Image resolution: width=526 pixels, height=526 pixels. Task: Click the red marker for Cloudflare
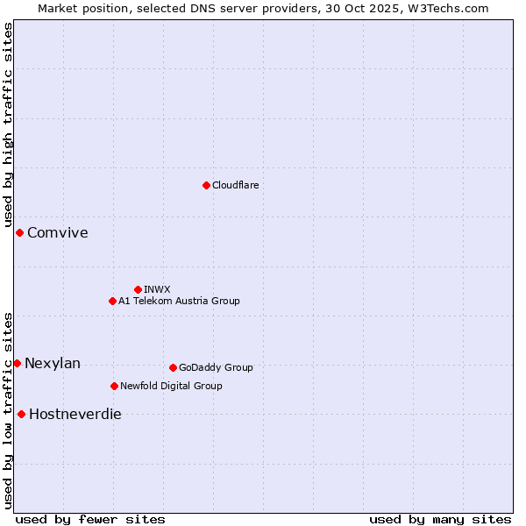(206, 185)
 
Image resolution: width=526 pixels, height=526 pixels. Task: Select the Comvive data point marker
(19, 232)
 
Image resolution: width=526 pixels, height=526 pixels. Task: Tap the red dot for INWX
(138, 289)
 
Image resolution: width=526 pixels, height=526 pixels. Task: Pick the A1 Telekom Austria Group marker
(112, 301)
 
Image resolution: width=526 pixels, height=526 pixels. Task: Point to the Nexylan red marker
(17, 363)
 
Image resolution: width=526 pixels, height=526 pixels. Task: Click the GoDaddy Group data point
(173, 367)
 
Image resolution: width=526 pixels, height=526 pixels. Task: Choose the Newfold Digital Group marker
(114, 386)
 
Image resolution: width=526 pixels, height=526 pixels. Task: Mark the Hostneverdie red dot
(21, 414)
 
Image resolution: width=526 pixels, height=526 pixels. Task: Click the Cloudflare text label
(235, 185)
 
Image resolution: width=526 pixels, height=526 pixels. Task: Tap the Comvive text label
(57, 232)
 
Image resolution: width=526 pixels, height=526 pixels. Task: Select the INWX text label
(157, 289)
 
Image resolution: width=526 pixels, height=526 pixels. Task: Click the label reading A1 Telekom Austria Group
(179, 301)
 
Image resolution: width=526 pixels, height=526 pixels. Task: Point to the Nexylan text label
(53, 363)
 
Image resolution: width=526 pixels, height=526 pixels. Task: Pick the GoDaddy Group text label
(216, 367)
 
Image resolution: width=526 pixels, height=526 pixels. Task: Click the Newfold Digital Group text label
(171, 386)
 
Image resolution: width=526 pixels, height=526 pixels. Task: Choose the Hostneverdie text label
(75, 414)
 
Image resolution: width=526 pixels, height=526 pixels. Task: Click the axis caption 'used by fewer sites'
(90, 519)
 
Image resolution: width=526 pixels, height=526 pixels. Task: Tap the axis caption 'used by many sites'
(440, 519)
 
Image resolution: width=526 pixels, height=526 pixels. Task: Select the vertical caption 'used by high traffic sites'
(9, 125)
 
